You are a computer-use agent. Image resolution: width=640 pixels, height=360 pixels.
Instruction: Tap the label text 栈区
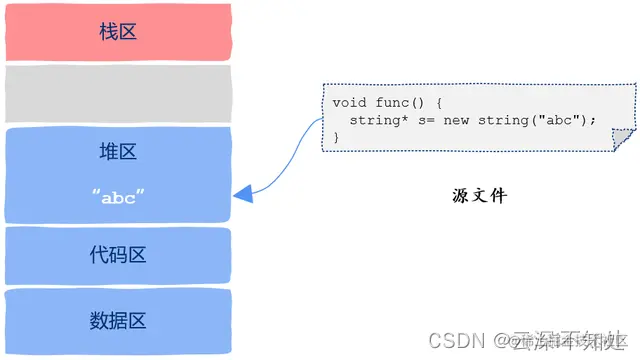click(x=118, y=32)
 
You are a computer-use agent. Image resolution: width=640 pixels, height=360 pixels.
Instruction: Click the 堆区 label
click(x=118, y=152)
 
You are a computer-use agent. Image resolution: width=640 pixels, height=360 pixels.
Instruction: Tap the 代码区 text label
click(x=118, y=255)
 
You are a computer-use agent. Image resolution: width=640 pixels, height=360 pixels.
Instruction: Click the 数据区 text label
click(x=118, y=320)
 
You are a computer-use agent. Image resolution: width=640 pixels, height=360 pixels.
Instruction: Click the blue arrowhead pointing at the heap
click(x=243, y=196)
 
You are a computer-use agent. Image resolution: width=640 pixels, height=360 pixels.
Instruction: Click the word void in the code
click(x=350, y=103)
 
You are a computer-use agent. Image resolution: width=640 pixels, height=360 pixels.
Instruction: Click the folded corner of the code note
click(x=622, y=141)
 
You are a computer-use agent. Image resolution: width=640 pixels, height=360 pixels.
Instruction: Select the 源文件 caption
click(x=479, y=196)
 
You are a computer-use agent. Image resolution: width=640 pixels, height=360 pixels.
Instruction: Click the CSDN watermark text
click(x=456, y=340)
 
